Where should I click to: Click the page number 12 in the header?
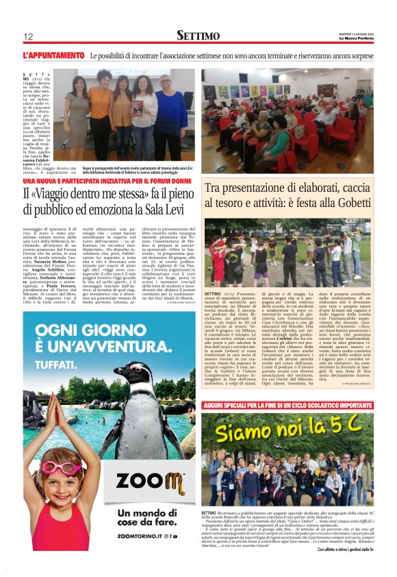pos(28,36)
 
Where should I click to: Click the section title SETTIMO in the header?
pos(198,35)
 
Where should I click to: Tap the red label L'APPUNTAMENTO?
pos(53,54)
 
